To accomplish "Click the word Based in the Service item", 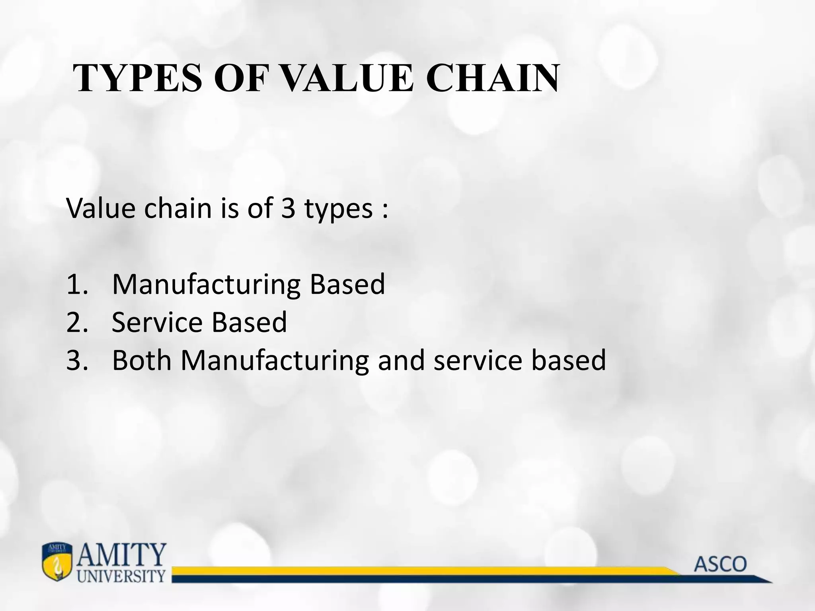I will click(x=249, y=322).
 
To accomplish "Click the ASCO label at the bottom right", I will click(x=720, y=564).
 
